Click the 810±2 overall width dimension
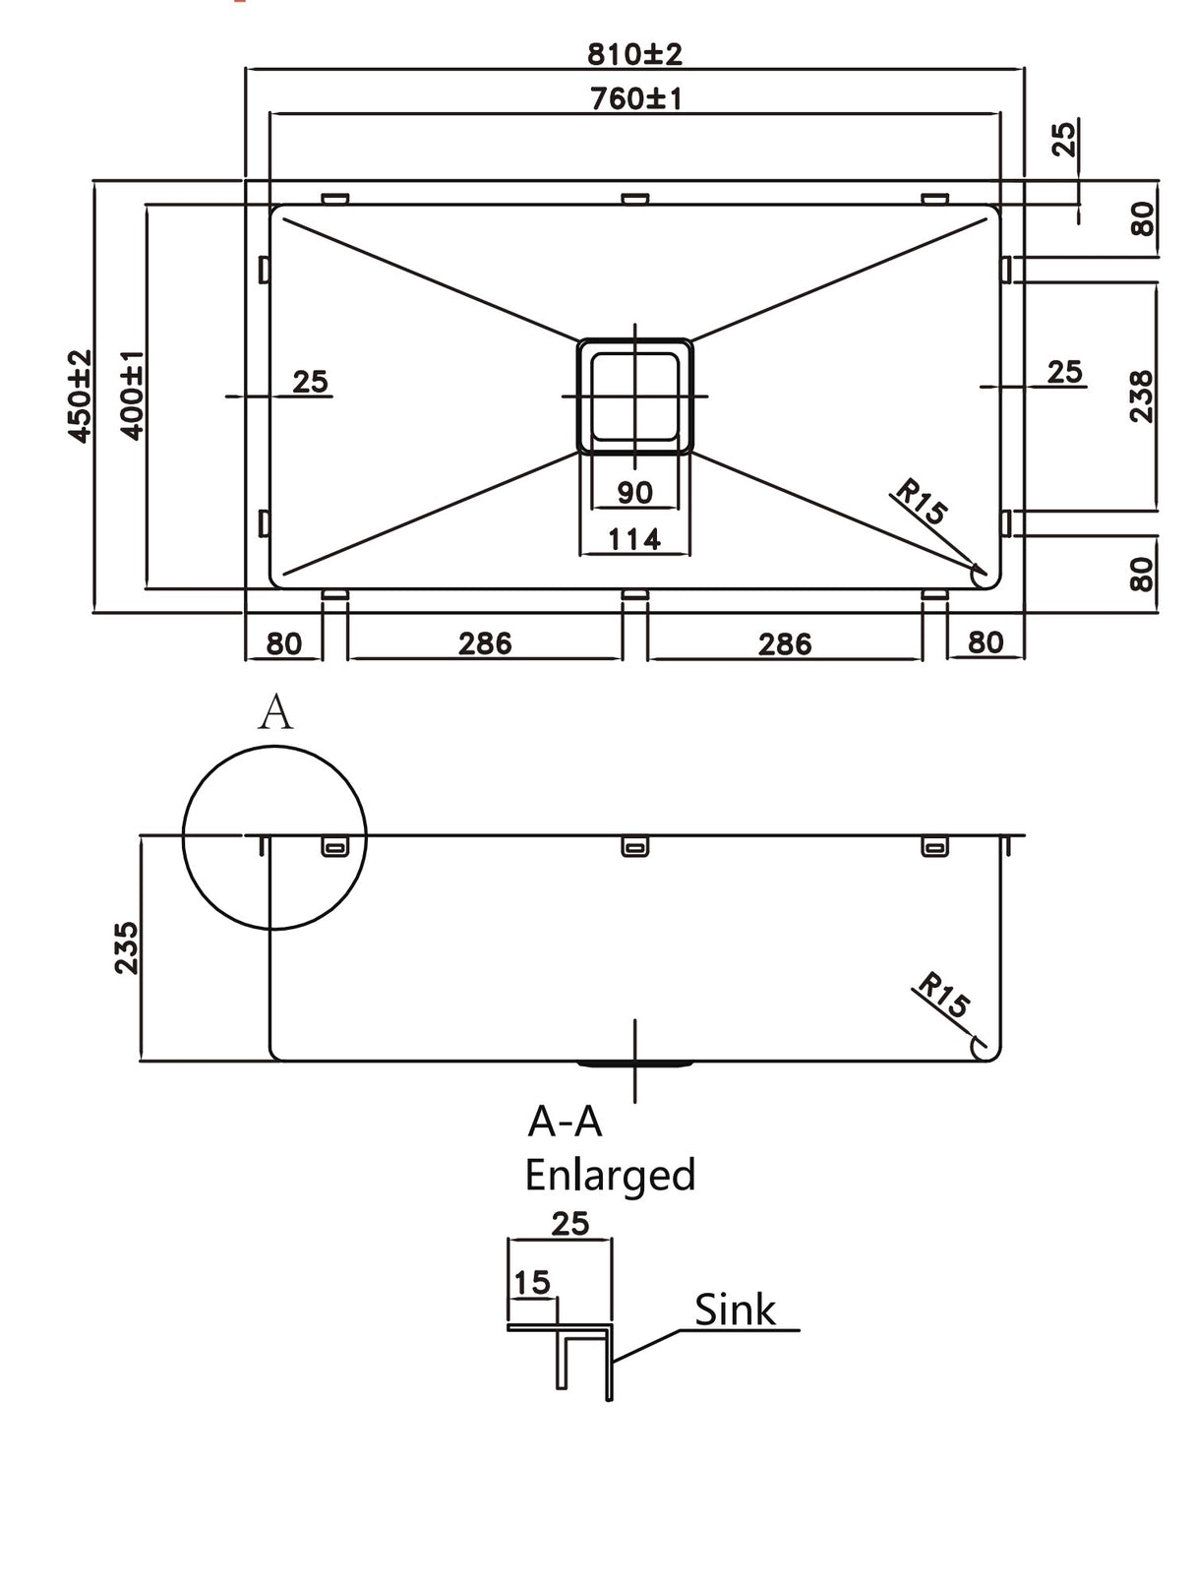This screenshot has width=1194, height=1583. (634, 53)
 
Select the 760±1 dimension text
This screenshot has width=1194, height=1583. (634, 98)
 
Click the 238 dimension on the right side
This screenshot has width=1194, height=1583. (1140, 396)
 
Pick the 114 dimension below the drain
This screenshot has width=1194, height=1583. (634, 539)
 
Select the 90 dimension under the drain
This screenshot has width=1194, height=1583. (634, 492)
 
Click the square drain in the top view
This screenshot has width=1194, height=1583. (634, 396)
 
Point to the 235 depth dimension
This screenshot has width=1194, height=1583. (126, 947)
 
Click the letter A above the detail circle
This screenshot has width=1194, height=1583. (275, 712)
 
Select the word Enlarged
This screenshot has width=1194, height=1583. (610, 1175)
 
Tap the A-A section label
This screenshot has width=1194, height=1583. (565, 1122)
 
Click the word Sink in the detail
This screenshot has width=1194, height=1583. (735, 1309)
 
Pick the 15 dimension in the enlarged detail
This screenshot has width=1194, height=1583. (531, 1282)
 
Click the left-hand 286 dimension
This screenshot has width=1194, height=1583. (485, 643)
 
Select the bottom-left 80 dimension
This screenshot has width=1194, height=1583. (283, 643)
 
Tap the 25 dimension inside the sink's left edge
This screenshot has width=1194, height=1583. (310, 382)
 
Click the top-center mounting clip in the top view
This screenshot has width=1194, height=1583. (634, 199)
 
